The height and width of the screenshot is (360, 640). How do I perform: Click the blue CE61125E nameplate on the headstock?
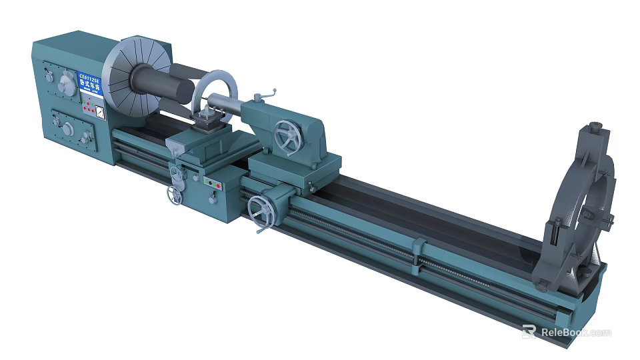point(89,84)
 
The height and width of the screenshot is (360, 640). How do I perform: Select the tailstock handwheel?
point(287,137)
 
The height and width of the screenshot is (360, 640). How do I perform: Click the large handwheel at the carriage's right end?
point(260,212)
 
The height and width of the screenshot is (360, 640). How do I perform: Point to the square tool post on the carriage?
point(209,121)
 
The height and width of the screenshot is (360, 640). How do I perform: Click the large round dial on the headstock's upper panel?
point(66,85)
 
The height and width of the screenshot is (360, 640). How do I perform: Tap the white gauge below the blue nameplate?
point(99,113)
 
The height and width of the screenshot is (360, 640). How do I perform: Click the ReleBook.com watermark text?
point(575,332)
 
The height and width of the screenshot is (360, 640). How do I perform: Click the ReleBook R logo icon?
point(529,331)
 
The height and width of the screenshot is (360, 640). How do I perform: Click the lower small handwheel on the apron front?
point(175,196)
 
